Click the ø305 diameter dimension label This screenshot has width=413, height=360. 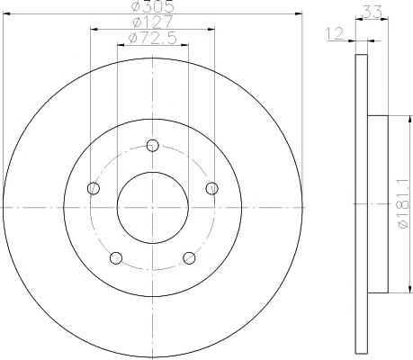(153, 6)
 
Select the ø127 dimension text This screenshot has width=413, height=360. (153, 22)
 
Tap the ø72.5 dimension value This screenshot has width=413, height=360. (152, 38)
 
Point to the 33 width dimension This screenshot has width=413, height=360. (373, 12)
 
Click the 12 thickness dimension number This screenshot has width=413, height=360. (335, 33)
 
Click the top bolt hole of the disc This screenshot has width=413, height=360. (153, 146)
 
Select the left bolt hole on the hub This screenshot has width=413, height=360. (94, 188)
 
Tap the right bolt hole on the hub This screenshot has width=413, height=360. (212, 188)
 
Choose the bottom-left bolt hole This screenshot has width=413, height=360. (116, 258)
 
